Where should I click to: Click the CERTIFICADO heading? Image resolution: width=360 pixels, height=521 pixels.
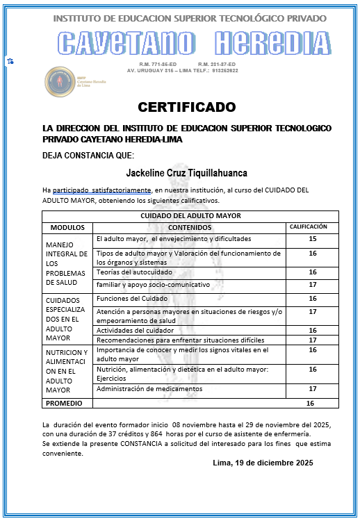point(187,107)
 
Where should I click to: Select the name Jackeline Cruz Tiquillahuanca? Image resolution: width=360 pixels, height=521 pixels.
point(187,172)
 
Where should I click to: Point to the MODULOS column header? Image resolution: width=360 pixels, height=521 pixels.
point(67,227)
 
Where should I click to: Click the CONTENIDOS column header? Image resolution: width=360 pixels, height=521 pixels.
point(190,227)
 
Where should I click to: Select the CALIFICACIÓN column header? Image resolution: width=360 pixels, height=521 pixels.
point(308,226)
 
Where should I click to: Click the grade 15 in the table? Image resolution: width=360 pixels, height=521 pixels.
point(312,239)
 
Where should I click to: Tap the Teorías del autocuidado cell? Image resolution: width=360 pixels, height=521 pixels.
point(135,272)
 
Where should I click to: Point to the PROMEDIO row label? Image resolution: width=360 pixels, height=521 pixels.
point(65,402)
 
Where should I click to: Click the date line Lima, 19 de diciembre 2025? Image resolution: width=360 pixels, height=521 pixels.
point(262,463)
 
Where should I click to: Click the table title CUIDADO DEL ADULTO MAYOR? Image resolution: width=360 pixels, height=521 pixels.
point(190,215)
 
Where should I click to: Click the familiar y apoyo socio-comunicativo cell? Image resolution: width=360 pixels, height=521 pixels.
point(152,285)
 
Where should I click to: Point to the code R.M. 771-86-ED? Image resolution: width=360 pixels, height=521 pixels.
point(158,64)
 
